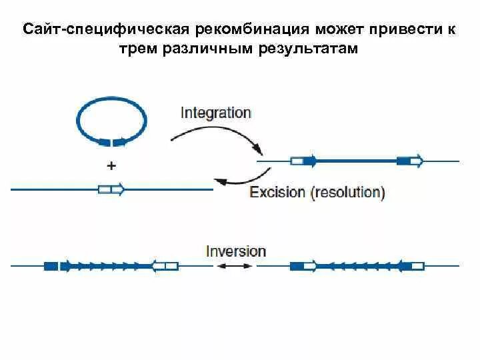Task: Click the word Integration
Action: click(x=215, y=112)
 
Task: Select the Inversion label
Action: click(x=236, y=251)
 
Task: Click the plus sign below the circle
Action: click(x=111, y=165)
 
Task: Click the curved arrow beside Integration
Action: click(x=214, y=137)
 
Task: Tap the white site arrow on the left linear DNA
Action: click(x=111, y=189)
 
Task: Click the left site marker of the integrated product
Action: click(x=302, y=161)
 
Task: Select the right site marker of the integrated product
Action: click(x=409, y=161)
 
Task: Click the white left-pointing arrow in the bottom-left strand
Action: click(x=165, y=266)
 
